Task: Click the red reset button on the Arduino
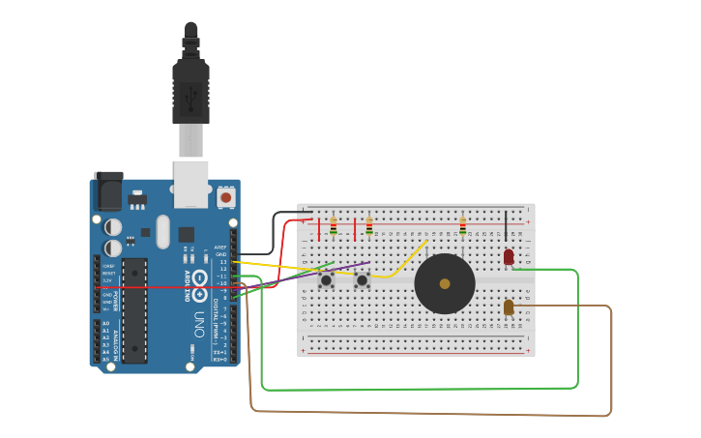225,197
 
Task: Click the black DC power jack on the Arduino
107,191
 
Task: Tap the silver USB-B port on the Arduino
190,183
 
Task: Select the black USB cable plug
190,92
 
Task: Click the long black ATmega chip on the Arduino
134,309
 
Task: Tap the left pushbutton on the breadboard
326,280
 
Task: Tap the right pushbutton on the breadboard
362,280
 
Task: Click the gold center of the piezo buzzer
445,284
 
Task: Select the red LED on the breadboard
509,256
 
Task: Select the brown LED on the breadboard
509,307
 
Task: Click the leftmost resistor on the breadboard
334,226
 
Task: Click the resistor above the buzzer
462,226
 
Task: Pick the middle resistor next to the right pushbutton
368,226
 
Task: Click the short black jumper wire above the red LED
505,227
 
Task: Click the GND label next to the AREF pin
220,254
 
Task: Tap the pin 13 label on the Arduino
222,262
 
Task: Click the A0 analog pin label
105,323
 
